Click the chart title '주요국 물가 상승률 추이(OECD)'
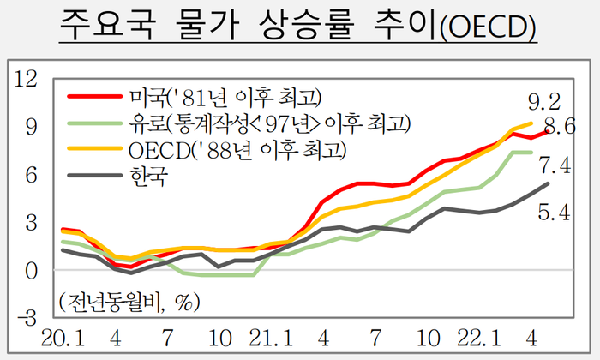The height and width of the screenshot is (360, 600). point(299,28)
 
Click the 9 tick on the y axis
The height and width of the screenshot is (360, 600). point(32,127)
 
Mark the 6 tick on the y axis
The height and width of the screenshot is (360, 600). point(32,175)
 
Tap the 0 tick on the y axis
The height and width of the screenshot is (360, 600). point(32,271)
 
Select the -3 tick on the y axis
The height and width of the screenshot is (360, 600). point(27,318)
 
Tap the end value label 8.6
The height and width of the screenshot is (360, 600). point(558,129)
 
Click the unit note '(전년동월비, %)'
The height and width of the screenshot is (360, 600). point(129,302)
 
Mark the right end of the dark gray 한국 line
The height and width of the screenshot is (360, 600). point(548,183)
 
